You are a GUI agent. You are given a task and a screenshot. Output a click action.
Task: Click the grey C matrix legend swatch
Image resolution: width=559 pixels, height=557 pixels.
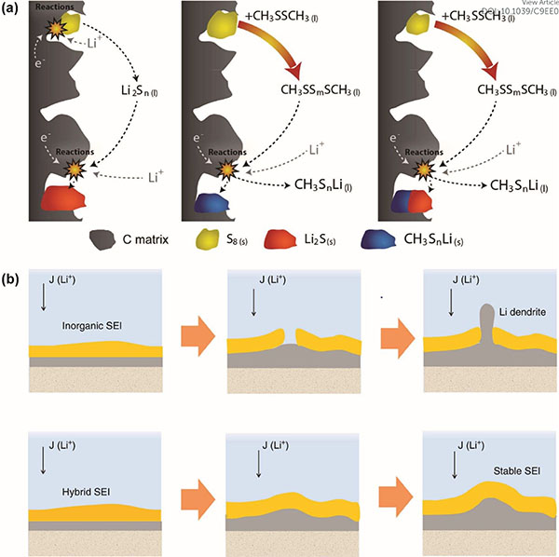(x=109, y=239)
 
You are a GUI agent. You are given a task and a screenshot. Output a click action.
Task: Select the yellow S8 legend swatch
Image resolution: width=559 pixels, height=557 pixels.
(x=210, y=239)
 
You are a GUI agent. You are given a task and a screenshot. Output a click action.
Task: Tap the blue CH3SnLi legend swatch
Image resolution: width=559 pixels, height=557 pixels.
(x=392, y=239)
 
